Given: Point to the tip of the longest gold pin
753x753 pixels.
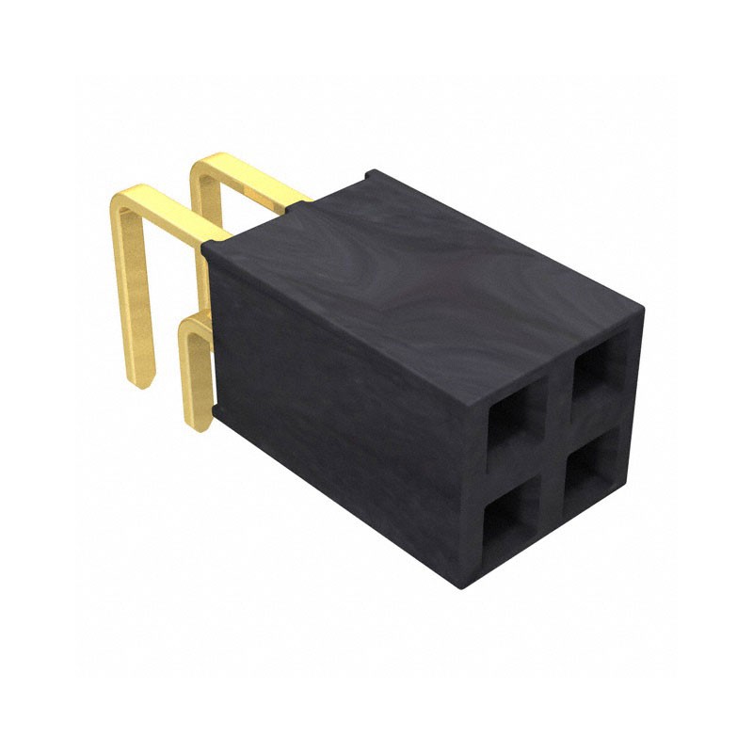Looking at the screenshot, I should (x=139, y=381).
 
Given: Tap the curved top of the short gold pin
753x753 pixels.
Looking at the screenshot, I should (x=195, y=324).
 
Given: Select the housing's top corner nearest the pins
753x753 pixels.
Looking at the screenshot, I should (x=209, y=247).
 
